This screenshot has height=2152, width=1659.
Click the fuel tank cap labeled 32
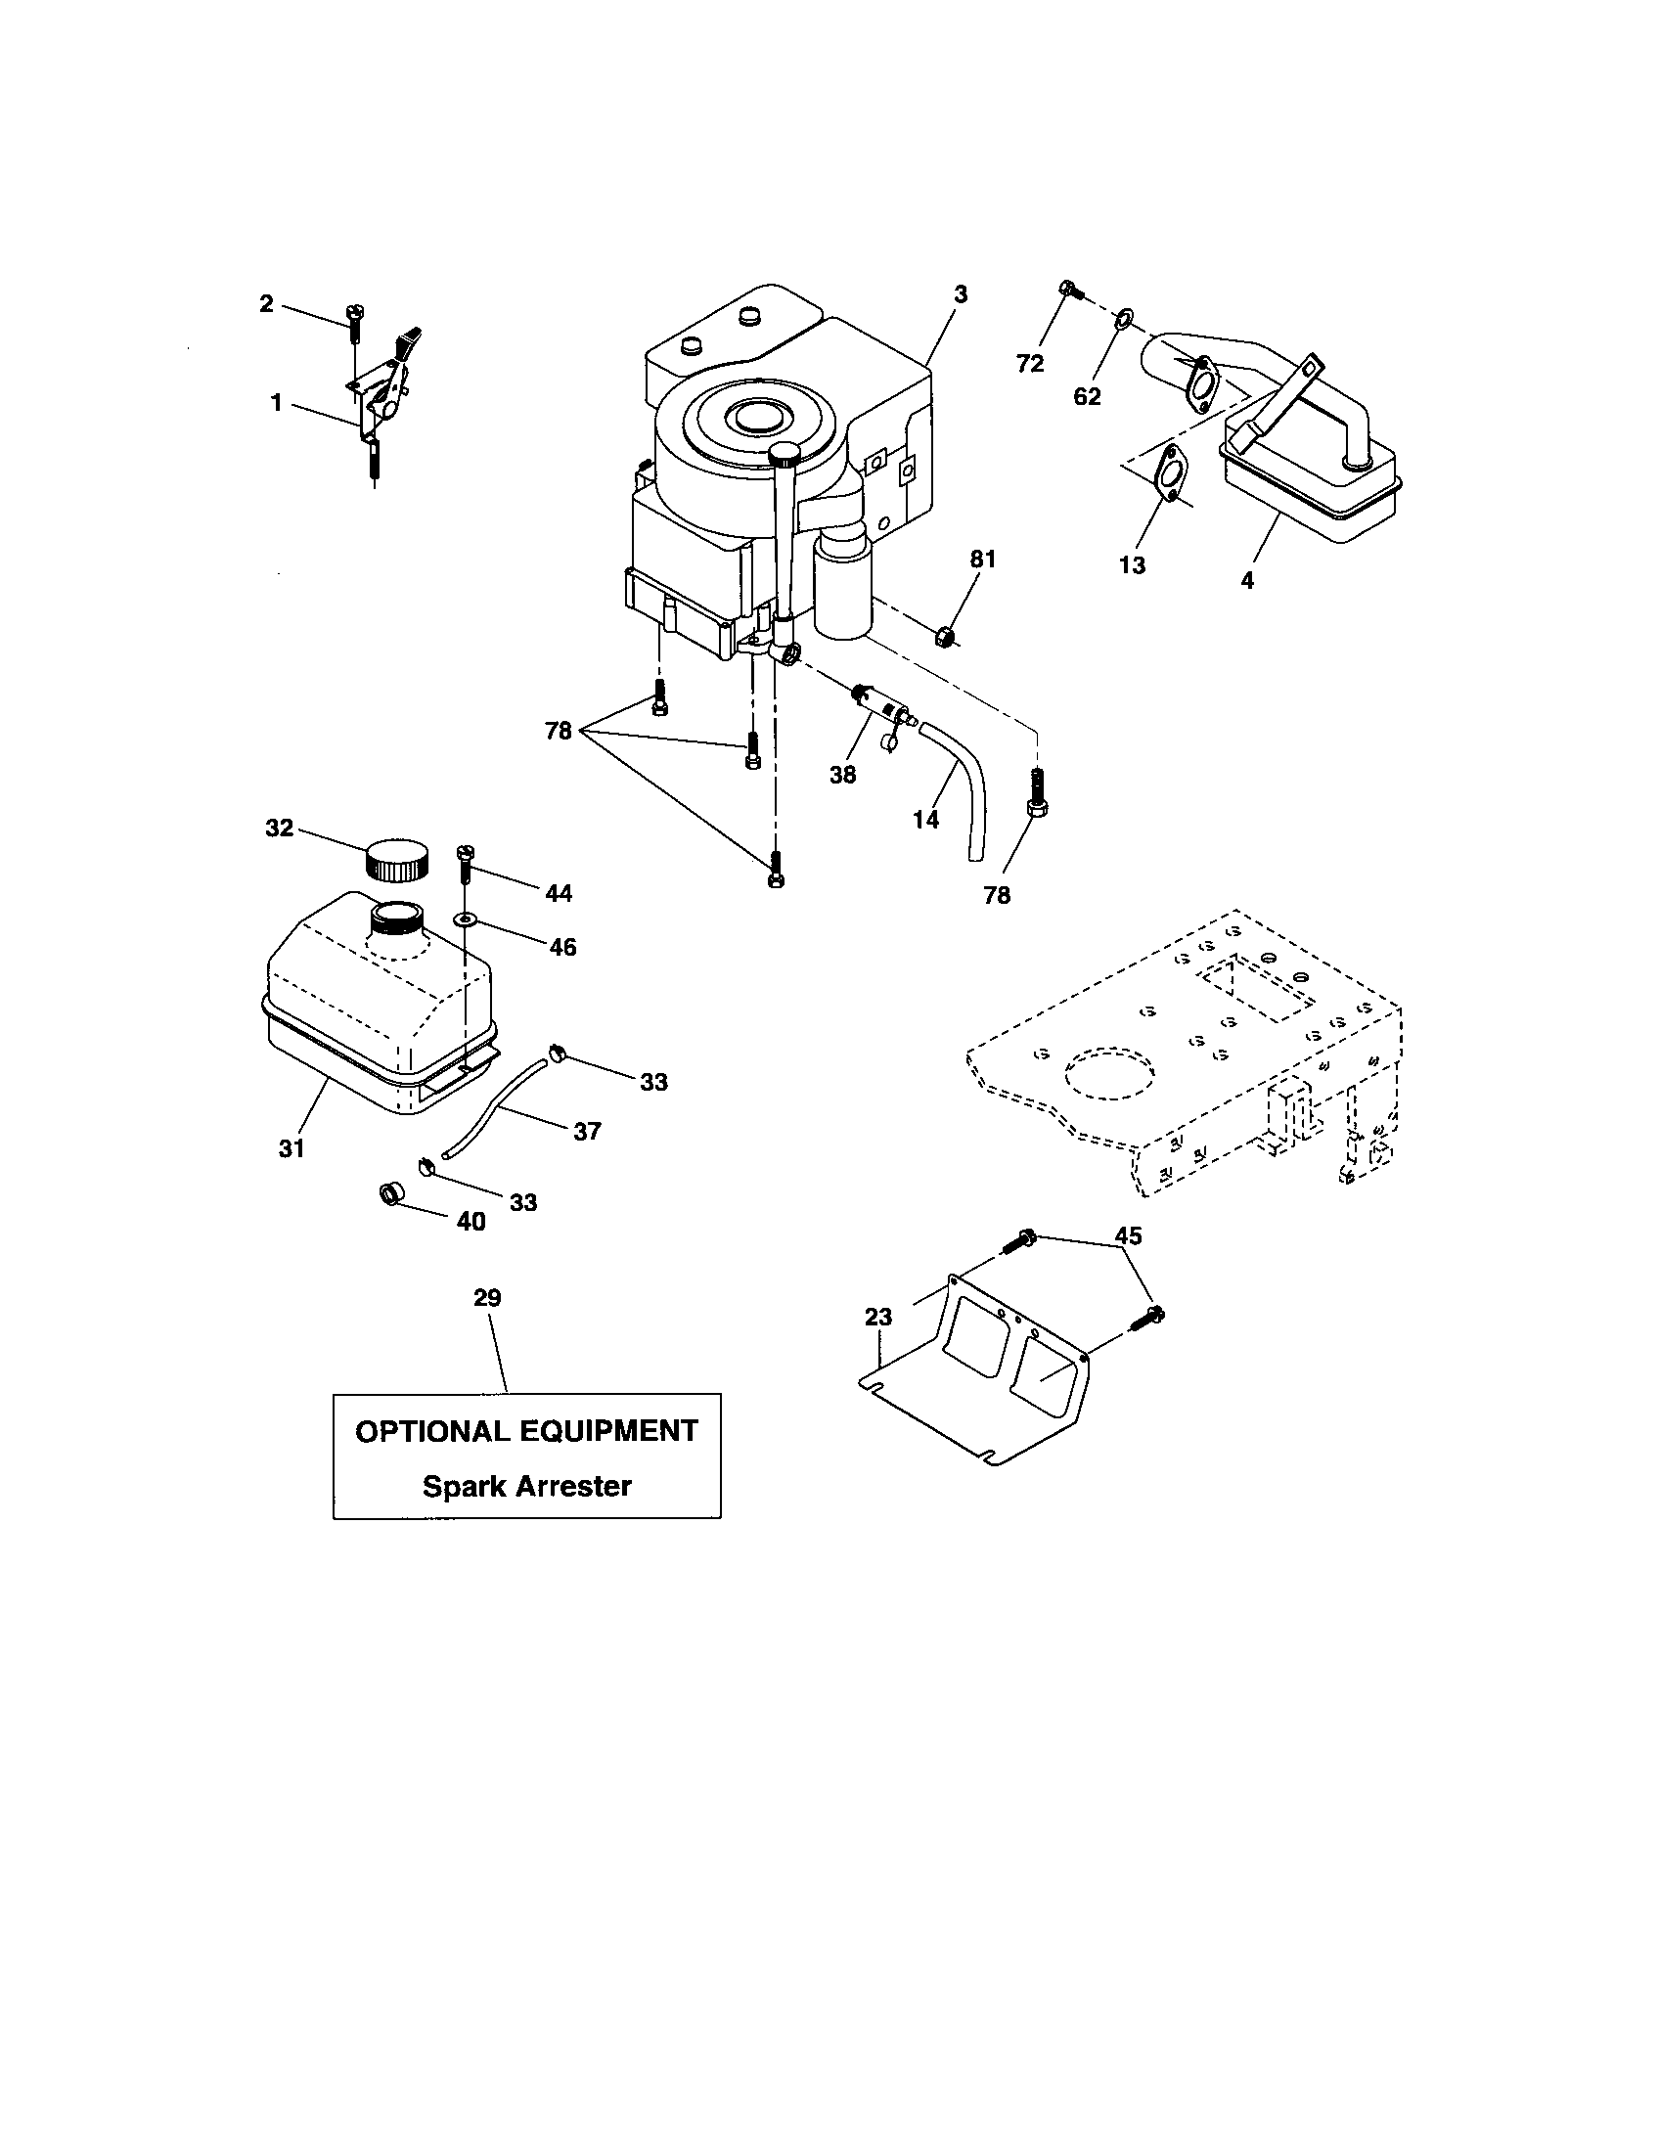click(x=398, y=858)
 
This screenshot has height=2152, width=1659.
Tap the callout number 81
click(x=983, y=560)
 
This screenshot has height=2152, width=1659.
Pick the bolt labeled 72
click(x=1070, y=290)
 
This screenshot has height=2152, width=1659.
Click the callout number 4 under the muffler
click(x=1247, y=581)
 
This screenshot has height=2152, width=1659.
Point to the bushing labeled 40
click(x=392, y=1196)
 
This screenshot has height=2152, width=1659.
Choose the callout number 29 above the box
click(x=487, y=1298)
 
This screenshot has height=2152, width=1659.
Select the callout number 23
click(x=878, y=1317)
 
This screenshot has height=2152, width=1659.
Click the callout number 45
click(x=1128, y=1235)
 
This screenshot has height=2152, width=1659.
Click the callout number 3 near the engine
click(x=961, y=293)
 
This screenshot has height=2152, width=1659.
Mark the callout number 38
click(x=842, y=775)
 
